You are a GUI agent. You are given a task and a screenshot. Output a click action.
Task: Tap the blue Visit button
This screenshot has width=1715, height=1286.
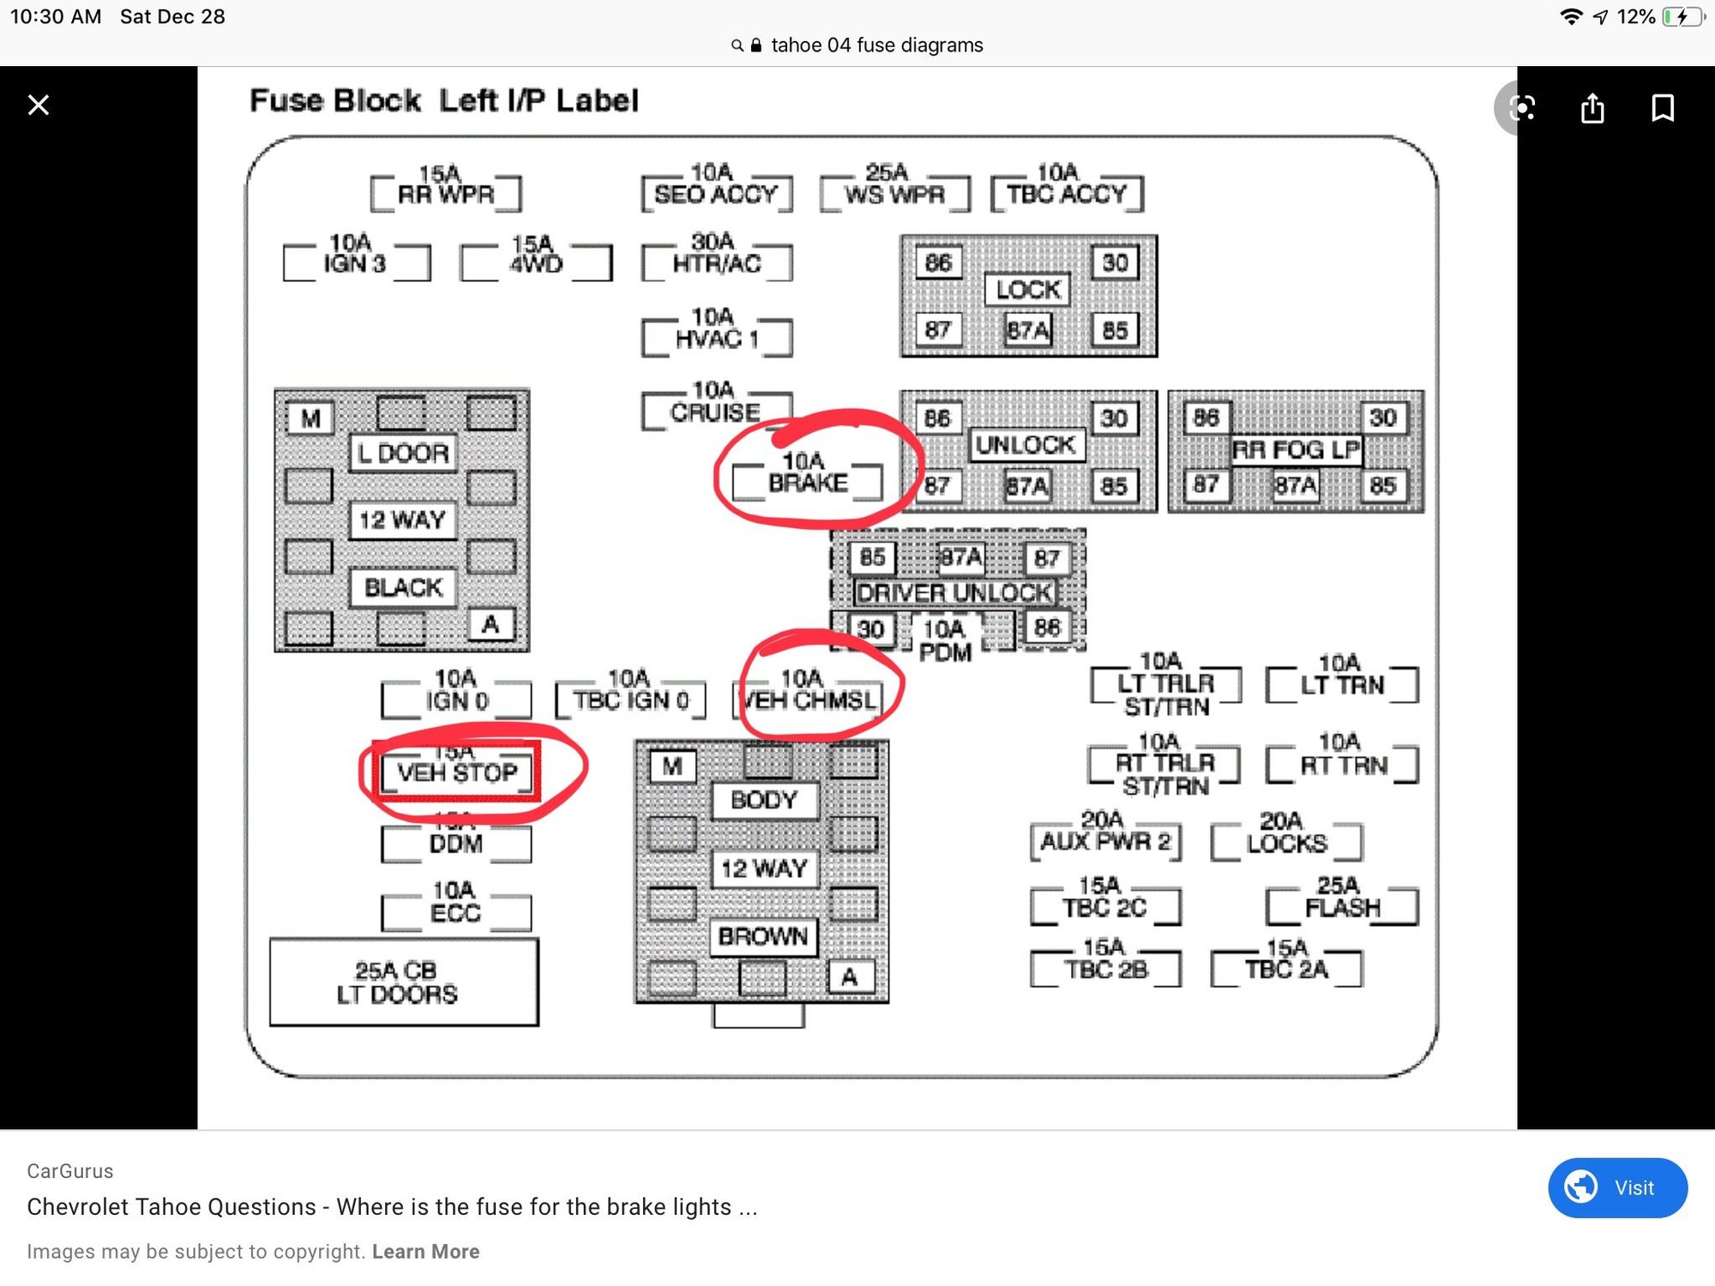pyautogui.click(x=1617, y=1187)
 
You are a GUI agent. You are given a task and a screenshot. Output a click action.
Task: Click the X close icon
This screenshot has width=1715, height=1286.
pyautogui.click(x=39, y=105)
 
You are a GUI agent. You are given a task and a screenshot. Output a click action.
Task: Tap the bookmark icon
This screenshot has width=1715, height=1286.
pyautogui.click(x=1663, y=108)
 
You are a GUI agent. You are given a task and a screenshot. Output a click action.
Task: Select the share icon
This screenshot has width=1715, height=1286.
pyautogui.click(x=1592, y=109)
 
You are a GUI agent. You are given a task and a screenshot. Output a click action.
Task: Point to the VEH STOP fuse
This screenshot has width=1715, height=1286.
pyautogui.click(x=457, y=772)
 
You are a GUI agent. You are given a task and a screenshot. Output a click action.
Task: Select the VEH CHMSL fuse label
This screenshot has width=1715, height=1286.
pyautogui.click(x=809, y=700)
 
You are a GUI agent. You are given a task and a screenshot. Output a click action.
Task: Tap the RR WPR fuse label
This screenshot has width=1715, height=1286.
pyautogui.click(x=446, y=195)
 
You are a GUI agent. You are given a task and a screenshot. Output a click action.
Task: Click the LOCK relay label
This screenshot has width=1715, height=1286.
pyautogui.click(x=1028, y=290)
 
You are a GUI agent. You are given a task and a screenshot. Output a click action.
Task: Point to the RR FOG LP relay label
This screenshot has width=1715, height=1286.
pyautogui.click(x=1296, y=450)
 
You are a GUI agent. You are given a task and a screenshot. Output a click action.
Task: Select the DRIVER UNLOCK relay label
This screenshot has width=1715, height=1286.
pyautogui.click(x=954, y=592)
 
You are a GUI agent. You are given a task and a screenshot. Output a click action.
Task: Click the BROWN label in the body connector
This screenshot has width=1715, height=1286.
pyautogui.click(x=763, y=936)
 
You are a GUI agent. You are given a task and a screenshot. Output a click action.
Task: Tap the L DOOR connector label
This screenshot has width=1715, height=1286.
pyautogui.click(x=403, y=453)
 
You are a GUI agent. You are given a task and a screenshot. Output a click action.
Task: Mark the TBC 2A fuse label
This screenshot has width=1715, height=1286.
pyautogui.click(x=1286, y=969)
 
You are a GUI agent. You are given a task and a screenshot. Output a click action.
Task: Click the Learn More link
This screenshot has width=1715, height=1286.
pyautogui.click(x=425, y=1252)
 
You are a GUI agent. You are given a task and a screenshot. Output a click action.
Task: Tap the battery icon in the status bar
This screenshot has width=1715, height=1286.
pyautogui.click(x=1682, y=17)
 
